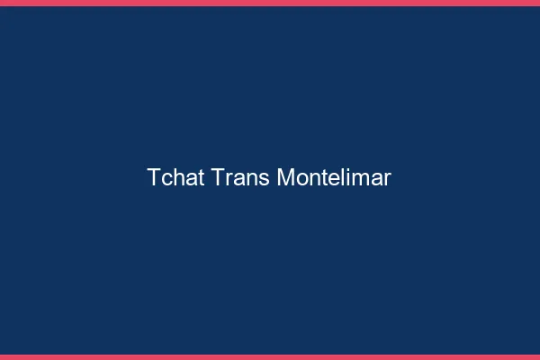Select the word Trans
click(x=240, y=177)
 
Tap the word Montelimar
click(x=334, y=177)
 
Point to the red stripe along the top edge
click(x=270, y=3)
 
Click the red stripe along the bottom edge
click(x=270, y=356)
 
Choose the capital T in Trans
click(x=218, y=177)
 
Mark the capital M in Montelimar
click(x=285, y=177)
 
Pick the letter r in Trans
click(x=228, y=179)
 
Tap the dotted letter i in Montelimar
click(x=346, y=177)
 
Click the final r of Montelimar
click(x=387, y=179)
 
